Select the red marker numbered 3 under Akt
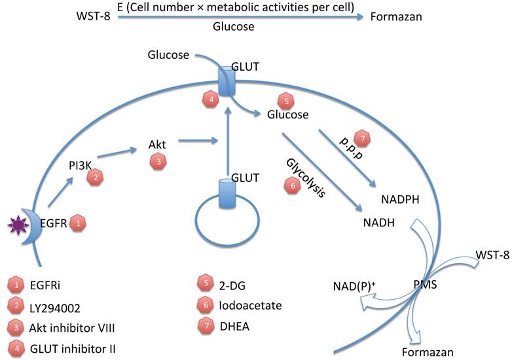click(x=157, y=162)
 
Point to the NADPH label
click(x=401, y=197)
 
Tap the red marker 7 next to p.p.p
click(x=361, y=139)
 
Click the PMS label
click(x=407, y=285)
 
